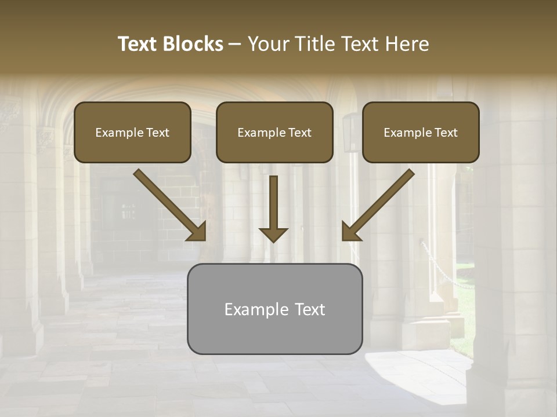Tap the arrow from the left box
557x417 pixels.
(x=169, y=204)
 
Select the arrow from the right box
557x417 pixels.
(x=378, y=204)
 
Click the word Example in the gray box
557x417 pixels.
(x=256, y=309)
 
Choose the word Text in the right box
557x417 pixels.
(x=446, y=133)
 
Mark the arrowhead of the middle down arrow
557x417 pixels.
(x=273, y=235)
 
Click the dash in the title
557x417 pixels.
(x=235, y=45)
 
